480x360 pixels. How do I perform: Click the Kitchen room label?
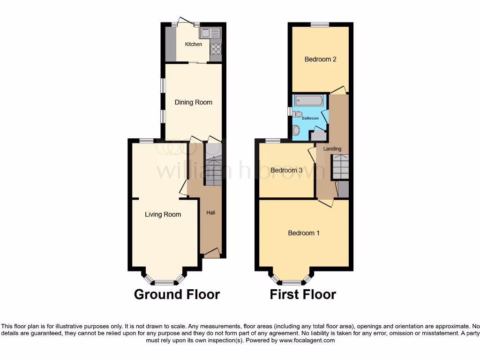tap(194, 44)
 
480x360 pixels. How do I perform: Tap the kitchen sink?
tap(210, 33)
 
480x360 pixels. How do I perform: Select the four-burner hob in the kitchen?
tap(216, 49)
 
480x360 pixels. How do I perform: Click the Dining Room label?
tap(194, 102)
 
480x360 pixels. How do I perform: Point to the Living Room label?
tap(163, 215)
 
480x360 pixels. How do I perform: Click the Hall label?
tap(211, 213)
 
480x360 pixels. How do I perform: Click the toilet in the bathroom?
tap(298, 113)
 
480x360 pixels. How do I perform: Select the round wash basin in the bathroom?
tap(296, 130)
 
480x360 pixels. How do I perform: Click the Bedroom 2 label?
tap(321, 59)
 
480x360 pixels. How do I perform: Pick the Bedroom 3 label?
tap(286, 170)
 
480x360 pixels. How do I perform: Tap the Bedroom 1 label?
tap(304, 233)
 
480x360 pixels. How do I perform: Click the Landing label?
tap(332, 149)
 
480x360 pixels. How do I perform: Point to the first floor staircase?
tap(341, 167)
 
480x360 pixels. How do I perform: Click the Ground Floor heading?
tap(177, 294)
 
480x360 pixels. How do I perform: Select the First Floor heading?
tap(303, 294)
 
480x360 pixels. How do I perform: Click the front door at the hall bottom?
tap(211, 253)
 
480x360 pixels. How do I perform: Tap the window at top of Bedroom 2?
tap(319, 24)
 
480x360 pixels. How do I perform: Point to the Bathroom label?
tap(310, 118)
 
